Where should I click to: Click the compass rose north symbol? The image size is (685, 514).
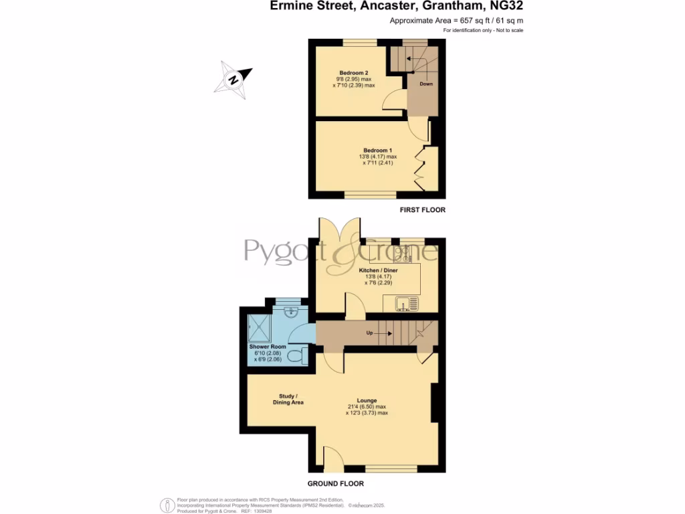(233, 79)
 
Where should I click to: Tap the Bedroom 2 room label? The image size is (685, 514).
(354, 72)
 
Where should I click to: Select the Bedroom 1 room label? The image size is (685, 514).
(377, 150)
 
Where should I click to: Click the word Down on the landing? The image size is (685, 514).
(425, 84)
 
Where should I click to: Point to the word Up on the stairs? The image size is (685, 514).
(369, 333)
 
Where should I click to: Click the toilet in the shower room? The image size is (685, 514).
(299, 354)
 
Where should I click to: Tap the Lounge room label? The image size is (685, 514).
(367, 400)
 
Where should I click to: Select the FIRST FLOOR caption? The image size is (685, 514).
(422, 210)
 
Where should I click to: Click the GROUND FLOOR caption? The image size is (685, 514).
(336, 483)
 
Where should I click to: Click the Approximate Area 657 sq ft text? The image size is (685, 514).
(456, 21)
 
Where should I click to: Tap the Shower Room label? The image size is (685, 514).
(268, 347)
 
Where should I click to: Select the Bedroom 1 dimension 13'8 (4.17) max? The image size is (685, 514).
(377, 157)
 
